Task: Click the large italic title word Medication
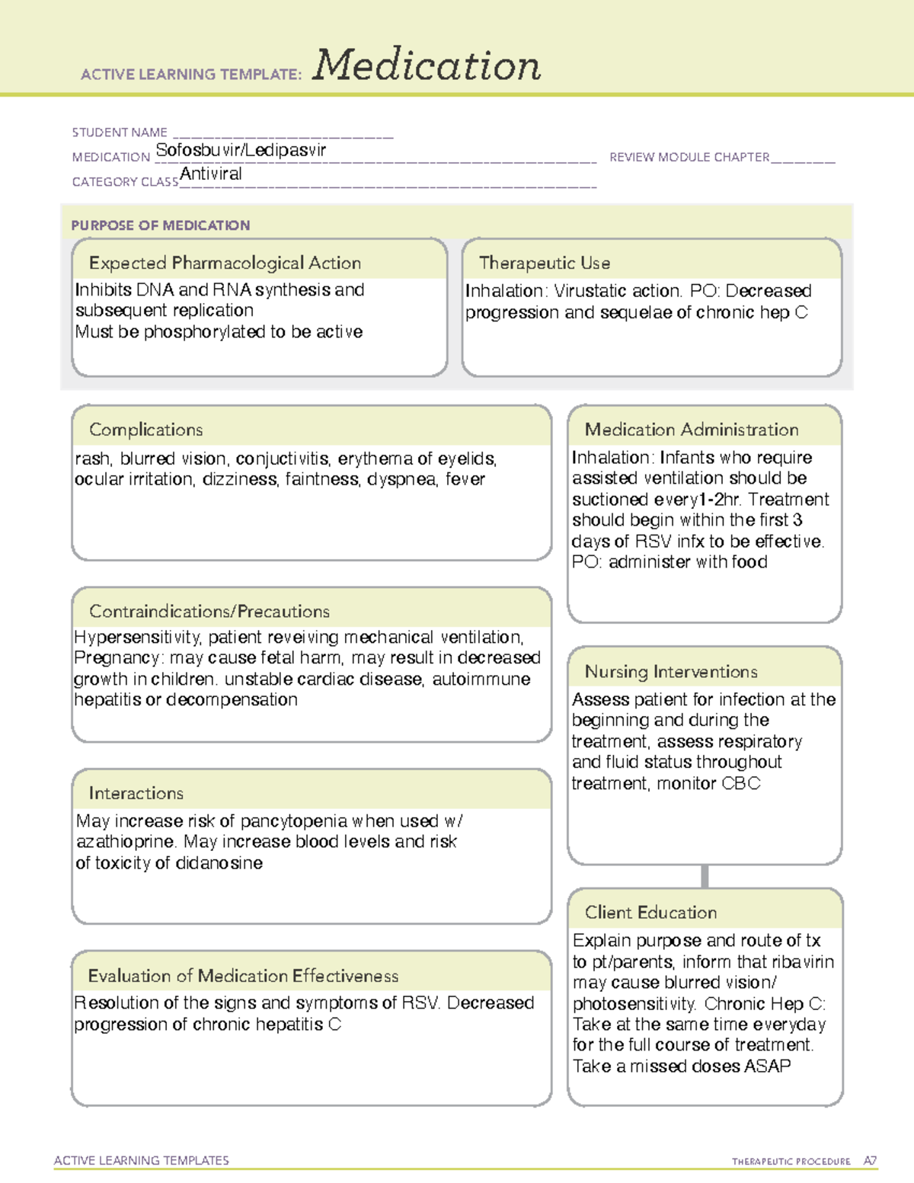pyautogui.click(x=427, y=66)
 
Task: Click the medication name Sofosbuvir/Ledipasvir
pyautogui.click(x=241, y=150)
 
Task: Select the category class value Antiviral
pyautogui.click(x=211, y=174)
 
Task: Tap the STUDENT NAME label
pyautogui.click(x=120, y=133)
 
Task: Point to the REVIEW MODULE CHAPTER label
pyautogui.click(x=689, y=157)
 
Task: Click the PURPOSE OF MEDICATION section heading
pyautogui.click(x=161, y=225)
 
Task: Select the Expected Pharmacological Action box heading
pyautogui.click(x=225, y=263)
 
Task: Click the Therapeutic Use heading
pyautogui.click(x=545, y=263)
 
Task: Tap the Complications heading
pyautogui.click(x=146, y=430)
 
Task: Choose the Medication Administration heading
pyautogui.click(x=692, y=430)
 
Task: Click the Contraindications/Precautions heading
pyautogui.click(x=209, y=611)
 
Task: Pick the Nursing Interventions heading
pyautogui.click(x=671, y=671)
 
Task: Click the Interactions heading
pyautogui.click(x=136, y=793)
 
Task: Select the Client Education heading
pyautogui.click(x=651, y=913)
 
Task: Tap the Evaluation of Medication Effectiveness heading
pyautogui.click(x=243, y=976)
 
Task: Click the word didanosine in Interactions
pyautogui.click(x=218, y=863)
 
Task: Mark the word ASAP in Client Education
pyautogui.click(x=767, y=1066)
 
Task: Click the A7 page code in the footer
pyautogui.click(x=869, y=1161)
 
